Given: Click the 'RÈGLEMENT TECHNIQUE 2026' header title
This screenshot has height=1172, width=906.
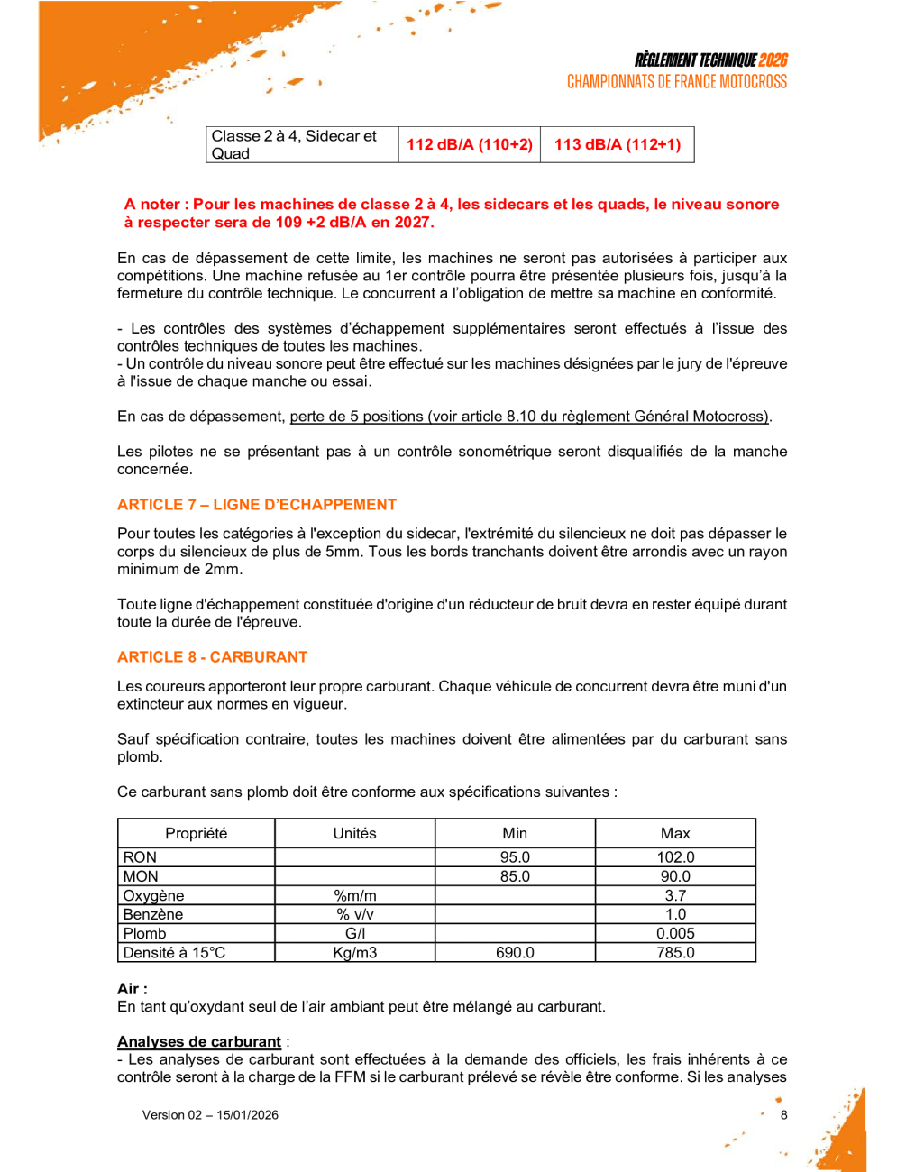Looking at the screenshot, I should (x=710, y=60).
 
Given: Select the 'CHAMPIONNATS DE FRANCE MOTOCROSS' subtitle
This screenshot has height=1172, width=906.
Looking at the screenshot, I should (x=676, y=82).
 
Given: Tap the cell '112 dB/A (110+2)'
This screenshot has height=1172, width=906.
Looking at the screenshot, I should (x=469, y=144).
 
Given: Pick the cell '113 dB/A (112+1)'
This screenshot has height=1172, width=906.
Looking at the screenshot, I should (x=617, y=144).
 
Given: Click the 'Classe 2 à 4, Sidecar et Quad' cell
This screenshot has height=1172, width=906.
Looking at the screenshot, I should (x=294, y=144).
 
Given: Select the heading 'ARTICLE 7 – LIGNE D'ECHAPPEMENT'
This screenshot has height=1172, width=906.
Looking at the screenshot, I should (x=257, y=505).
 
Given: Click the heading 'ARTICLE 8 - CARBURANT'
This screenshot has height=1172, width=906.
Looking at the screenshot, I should (x=213, y=657).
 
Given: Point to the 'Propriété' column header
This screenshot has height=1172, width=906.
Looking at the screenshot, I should (x=196, y=834).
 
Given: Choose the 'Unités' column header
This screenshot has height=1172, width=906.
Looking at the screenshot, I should (x=354, y=834).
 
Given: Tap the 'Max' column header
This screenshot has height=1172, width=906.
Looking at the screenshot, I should (x=675, y=834).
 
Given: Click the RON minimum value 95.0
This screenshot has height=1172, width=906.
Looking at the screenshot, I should (x=515, y=857).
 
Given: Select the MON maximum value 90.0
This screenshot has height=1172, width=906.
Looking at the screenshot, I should (x=675, y=876).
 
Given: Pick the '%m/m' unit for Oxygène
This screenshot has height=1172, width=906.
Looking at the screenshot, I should (x=354, y=896).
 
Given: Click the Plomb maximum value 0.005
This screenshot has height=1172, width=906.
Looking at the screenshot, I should (x=675, y=934).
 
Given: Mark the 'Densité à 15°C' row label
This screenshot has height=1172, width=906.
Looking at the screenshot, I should (x=174, y=953).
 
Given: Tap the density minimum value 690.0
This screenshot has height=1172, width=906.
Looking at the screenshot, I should (x=515, y=953).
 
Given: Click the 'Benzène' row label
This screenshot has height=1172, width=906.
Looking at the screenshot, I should (x=153, y=915).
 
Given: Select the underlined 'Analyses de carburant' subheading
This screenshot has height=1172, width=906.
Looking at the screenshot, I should (x=199, y=1042).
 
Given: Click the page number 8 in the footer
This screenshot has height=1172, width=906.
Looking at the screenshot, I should (x=784, y=1115).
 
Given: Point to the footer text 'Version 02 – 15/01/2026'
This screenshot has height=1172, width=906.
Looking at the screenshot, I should (x=210, y=1115).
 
